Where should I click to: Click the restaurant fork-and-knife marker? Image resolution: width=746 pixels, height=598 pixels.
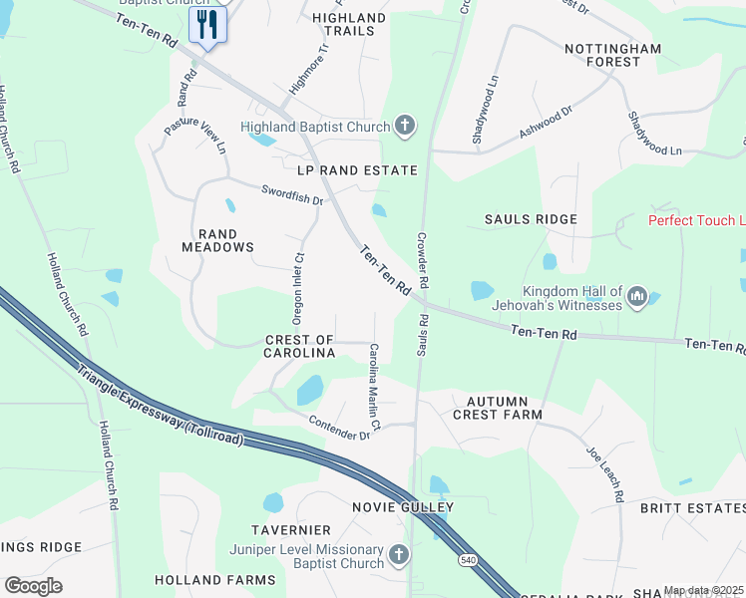(x=207, y=23)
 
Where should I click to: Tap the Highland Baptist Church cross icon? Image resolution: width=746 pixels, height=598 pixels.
(x=405, y=126)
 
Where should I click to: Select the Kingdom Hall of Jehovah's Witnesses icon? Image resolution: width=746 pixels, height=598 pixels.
(x=638, y=296)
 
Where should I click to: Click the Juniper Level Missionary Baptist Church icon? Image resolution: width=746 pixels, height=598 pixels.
(x=398, y=553)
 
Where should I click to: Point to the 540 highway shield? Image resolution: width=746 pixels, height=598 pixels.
(x=467, y=561)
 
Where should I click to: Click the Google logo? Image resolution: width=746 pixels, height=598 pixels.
(x=33, y=586)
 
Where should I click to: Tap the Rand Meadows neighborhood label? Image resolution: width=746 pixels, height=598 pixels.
(x=217, y=240)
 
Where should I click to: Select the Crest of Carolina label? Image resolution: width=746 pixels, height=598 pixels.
(x=299, y=347)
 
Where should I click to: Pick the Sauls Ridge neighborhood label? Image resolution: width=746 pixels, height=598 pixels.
(x=531, y=219)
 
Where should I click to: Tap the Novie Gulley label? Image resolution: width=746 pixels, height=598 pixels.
(x=403, y=507)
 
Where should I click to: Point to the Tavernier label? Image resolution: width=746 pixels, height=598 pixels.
(x=291, y=529)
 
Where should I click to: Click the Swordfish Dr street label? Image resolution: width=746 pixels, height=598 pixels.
(x=292, y=193)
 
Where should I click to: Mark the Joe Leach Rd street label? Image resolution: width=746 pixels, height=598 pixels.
(x=605, y=473)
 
